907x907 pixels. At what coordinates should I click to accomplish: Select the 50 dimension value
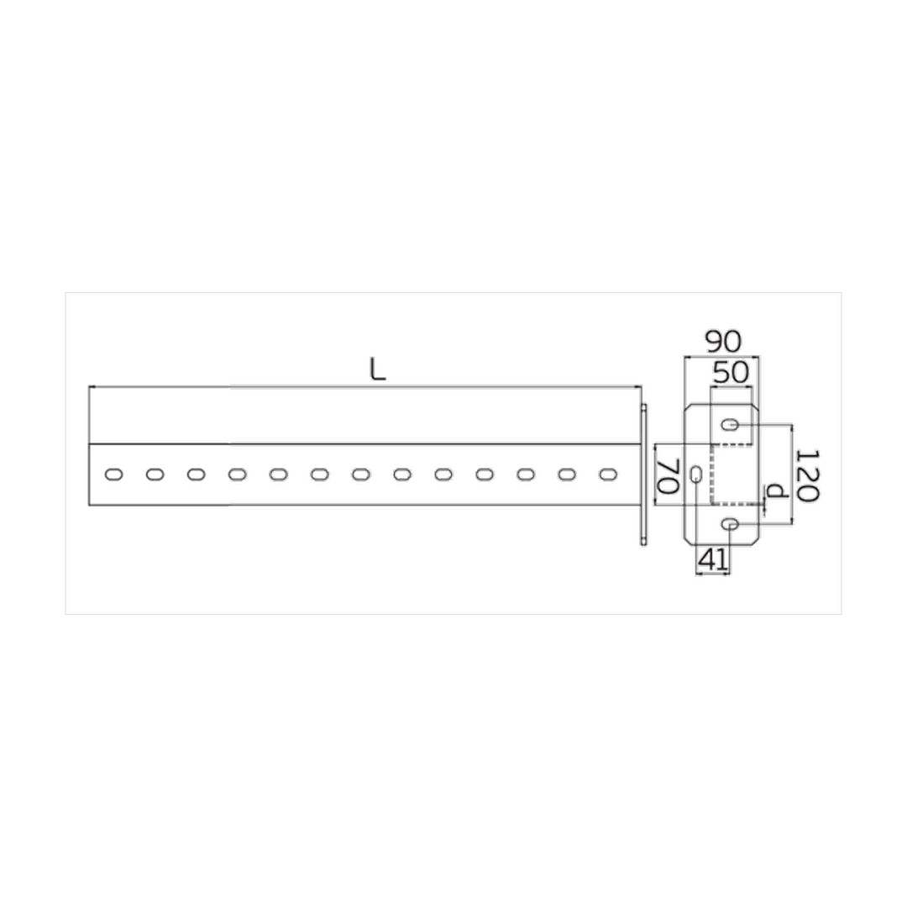coord(731,373)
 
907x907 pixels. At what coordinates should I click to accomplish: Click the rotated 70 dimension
coord(668,477)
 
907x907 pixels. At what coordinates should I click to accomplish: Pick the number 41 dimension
coord(714,560)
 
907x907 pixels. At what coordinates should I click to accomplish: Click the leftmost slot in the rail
coord(114,474)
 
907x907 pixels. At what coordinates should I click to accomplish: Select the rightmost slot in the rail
coord(608,474)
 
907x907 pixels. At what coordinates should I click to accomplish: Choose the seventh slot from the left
coord(361,474)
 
